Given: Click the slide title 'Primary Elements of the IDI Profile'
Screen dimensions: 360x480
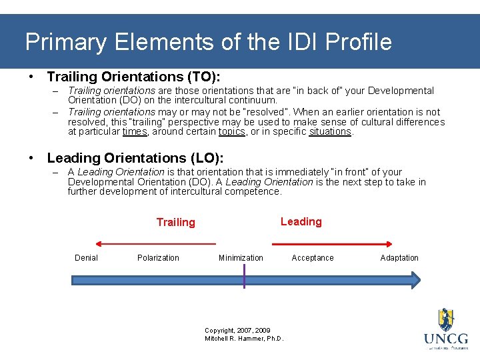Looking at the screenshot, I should coord(208,42).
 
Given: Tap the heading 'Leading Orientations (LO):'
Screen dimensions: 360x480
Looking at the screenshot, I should coord(135,158).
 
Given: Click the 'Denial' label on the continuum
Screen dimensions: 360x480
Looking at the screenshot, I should coord(86,258).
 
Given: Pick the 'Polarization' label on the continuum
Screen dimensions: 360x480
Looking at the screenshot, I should coord(158,258).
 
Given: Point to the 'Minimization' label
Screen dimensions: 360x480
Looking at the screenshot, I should coord(241,258).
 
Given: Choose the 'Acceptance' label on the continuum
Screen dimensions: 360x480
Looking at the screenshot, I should coord(313,258).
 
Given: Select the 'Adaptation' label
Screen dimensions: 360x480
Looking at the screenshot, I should coord(399,258).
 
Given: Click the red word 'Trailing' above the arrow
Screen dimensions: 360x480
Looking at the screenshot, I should coord(175,223).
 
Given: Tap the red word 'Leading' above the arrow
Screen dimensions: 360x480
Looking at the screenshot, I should coord(301,222).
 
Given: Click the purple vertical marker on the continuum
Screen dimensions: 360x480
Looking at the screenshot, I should coord(245,276).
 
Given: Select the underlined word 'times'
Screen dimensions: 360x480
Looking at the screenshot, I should coord(135,132).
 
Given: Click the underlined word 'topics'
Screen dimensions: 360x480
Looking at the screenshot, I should coord(232,132).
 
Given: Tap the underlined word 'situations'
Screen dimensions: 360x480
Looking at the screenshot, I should coord(330,132).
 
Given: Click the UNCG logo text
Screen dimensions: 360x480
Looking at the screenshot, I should coord(445,338).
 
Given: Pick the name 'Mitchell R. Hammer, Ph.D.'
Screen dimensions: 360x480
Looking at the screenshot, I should coord(244,339).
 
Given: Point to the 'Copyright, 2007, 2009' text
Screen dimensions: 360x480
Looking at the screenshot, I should coord(237,331).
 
